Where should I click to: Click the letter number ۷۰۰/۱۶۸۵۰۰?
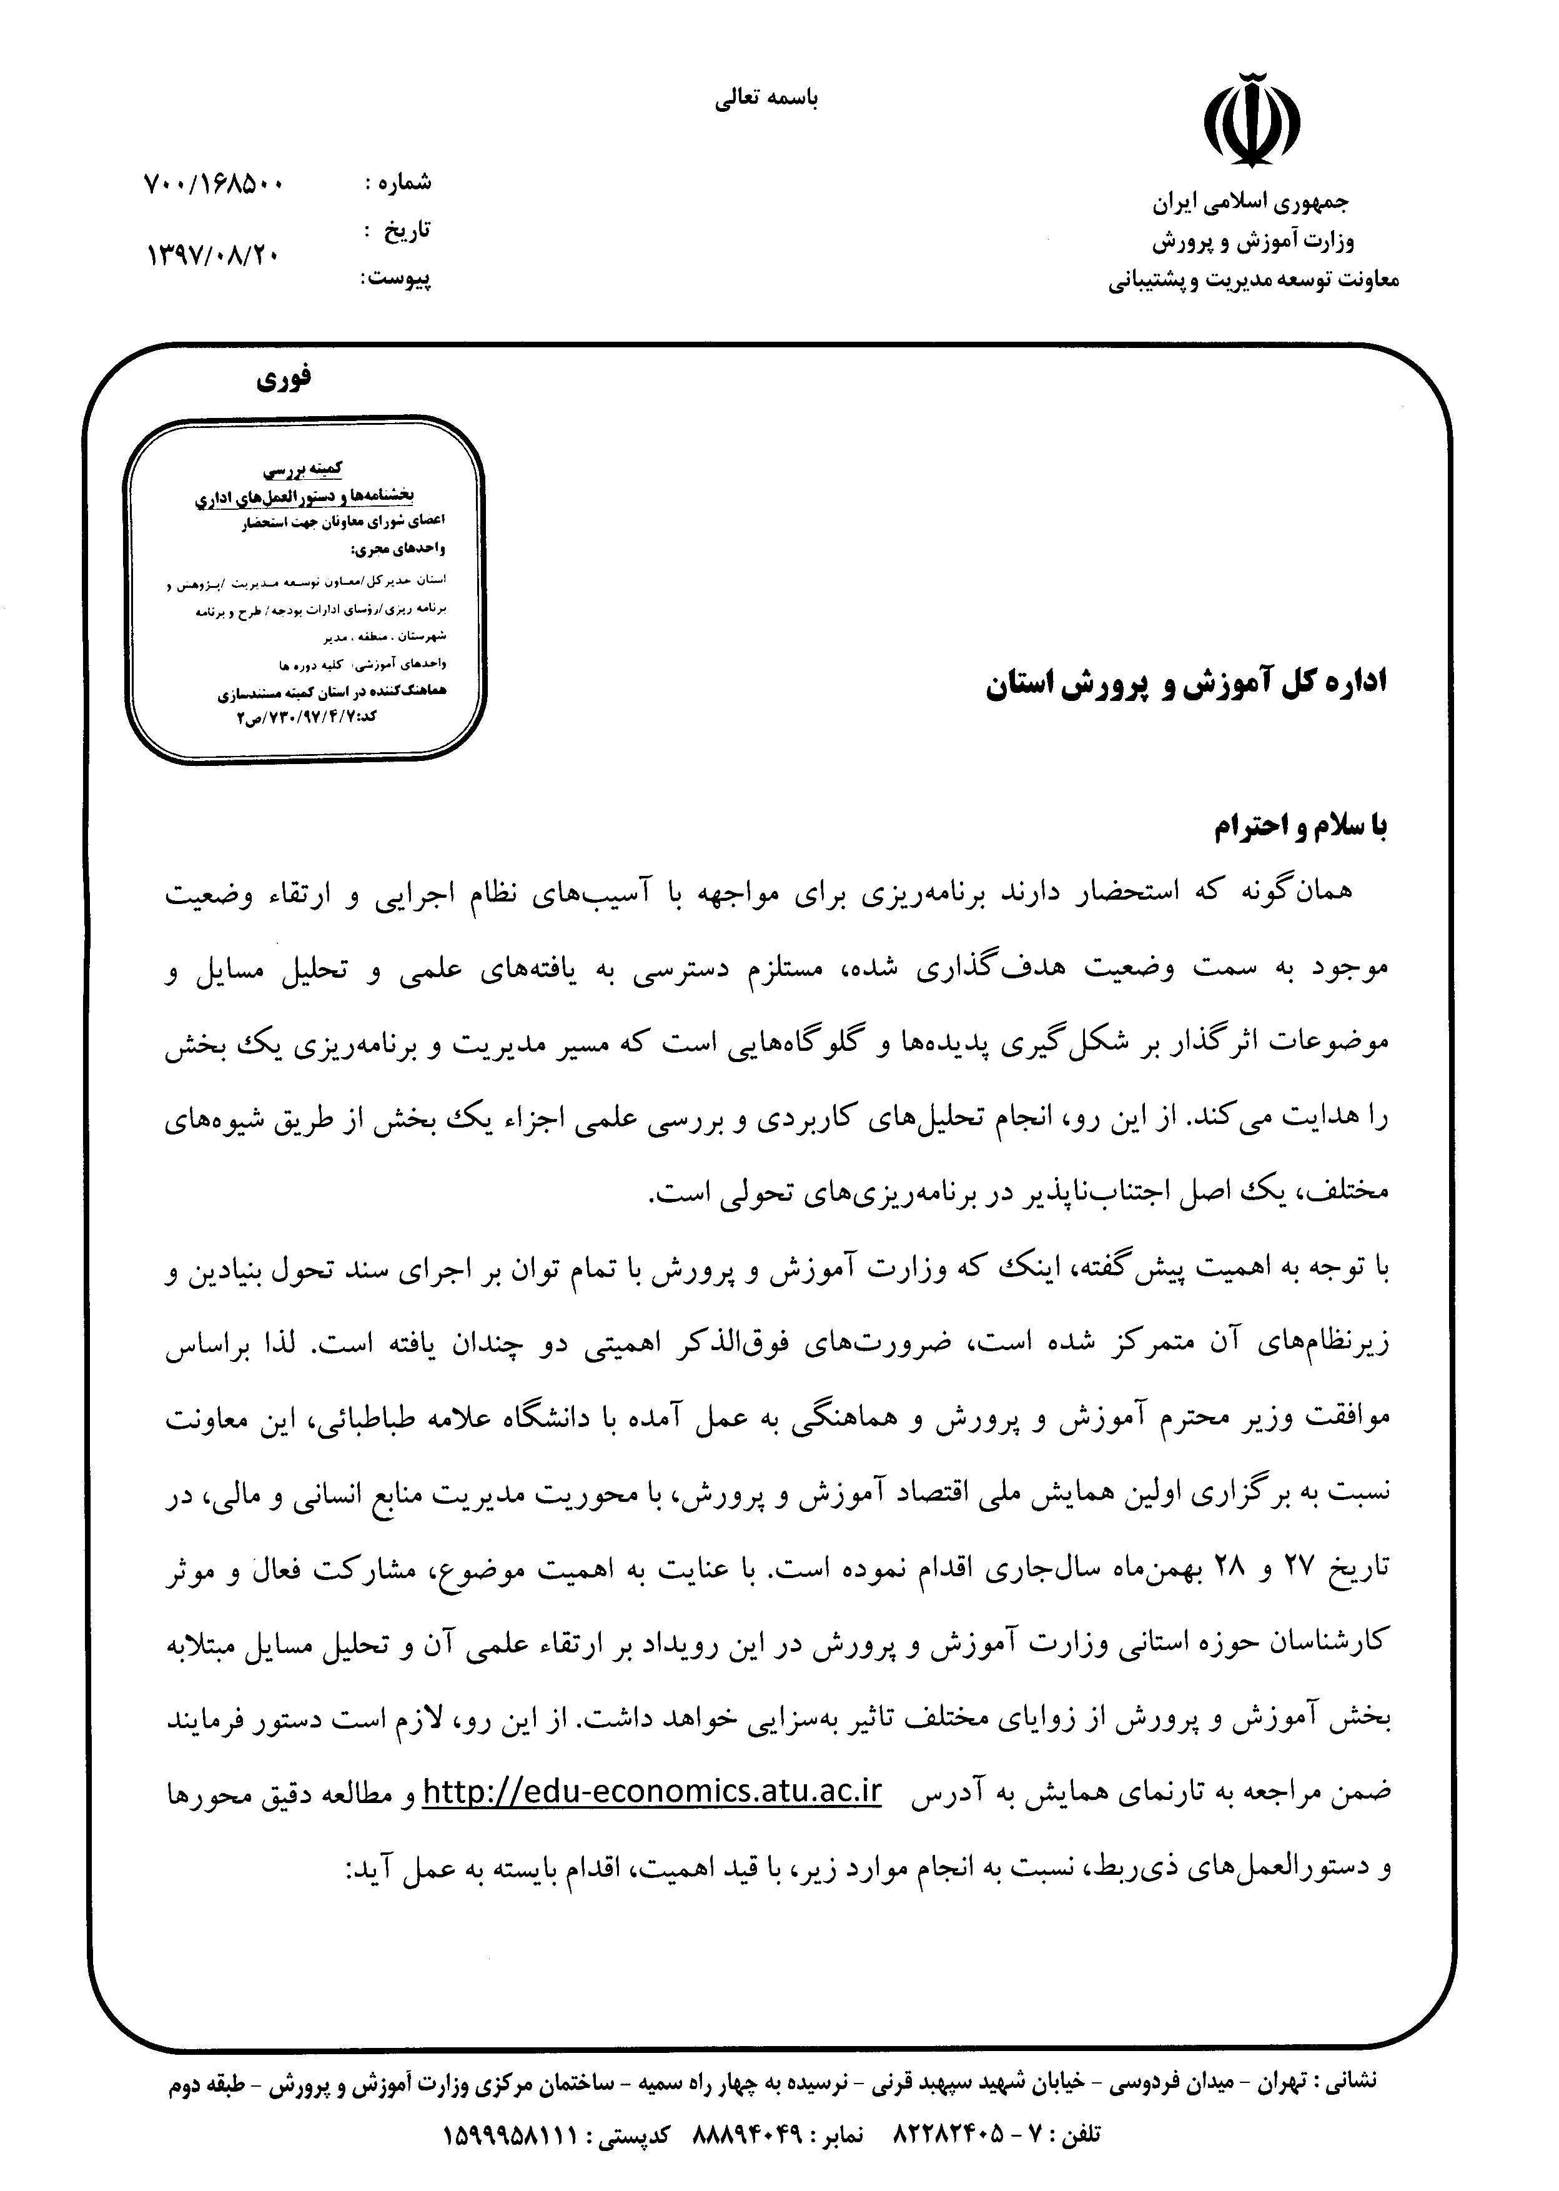[213, 184]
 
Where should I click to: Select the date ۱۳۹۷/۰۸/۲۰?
[213, 254]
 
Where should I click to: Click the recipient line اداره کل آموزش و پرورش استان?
[1187, 683]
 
